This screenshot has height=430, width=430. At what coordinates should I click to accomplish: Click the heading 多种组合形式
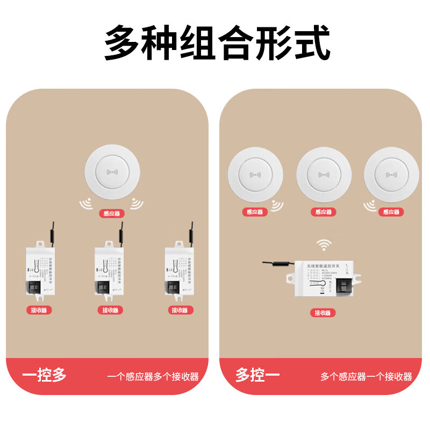[x=216, y=42]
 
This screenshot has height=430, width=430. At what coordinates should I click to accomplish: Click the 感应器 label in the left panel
[x=112, y=213]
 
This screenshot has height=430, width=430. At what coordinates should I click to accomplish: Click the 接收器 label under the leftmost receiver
[x=39, y=310]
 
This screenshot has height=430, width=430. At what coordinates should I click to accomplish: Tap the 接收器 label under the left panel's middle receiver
[x=110, y=310]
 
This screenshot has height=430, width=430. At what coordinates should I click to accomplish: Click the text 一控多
[x=45, y=375]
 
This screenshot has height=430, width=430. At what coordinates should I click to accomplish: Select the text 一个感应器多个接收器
[x=153, y=376]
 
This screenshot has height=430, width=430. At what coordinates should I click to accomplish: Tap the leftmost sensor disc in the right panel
[x=255, y=175]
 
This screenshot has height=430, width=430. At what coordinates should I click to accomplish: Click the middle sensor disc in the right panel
[x=324, y=175]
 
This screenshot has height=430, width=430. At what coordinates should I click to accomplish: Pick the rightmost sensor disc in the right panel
[x=391, y=175]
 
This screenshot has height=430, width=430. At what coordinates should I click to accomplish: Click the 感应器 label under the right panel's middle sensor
[x=324, y=212]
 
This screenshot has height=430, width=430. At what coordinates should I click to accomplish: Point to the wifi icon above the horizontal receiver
[x=323, y=246]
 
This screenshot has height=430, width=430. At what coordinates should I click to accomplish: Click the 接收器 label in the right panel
[x=323, y=313]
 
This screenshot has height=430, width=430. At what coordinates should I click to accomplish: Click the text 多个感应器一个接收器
[x=366, y=376]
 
